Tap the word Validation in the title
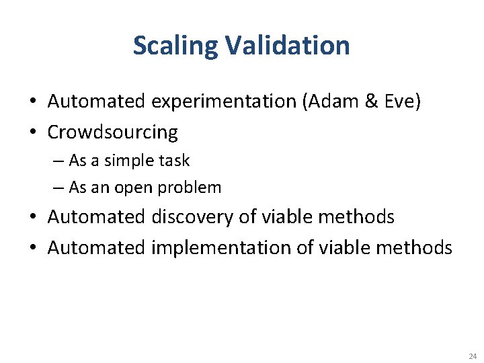pyautogui.click(x=288, y=46)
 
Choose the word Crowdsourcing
pyautogui.click(x=112, y=132)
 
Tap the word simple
pyautogui.click(x=127, y=161)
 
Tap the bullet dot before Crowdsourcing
pyautogui.click(x=32, y=132)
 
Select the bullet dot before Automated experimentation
pyautogui.click(x=32, y=102)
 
